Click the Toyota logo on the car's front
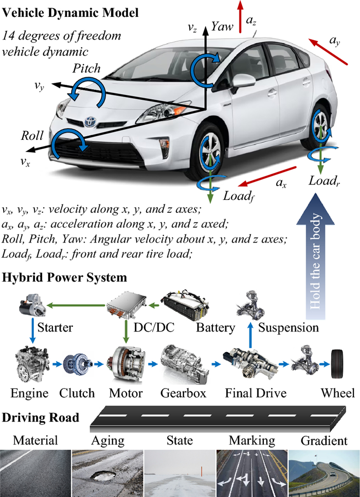click(x=89, y=122)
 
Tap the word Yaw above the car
click(x=222, y=27)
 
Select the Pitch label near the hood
click(x=86, y=68)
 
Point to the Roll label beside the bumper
click(x=32, y=136)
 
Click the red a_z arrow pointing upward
click(x=240, y=16)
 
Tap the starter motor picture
click(x=32, y=305)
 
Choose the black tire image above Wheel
click(x=338, y=364)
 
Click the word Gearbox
click(x=183, y=393)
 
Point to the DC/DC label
click(x=154, y=327)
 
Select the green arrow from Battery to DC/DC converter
click(x=154, y=306)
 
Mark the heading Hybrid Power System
click(x=64, y=278)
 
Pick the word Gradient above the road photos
click(x=324, y=440)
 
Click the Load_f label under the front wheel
click(x=239, y=196)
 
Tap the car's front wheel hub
click(x=210, y=153)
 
